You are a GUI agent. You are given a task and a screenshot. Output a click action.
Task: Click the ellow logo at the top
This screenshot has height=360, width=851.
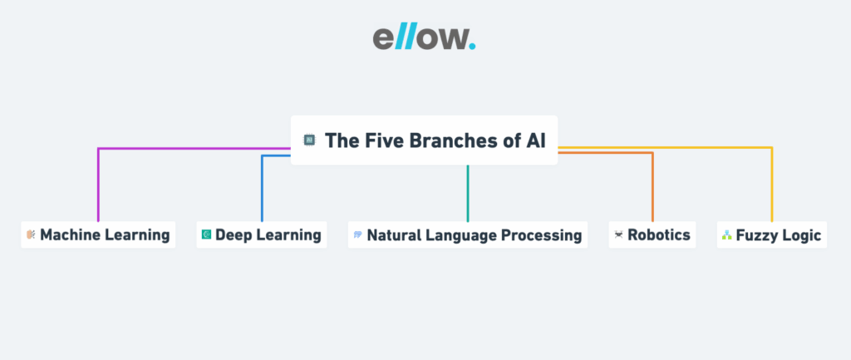tap(424, 38)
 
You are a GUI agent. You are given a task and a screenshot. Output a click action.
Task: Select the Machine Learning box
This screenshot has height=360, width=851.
tap(98, 235)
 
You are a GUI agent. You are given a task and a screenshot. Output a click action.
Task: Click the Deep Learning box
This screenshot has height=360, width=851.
tap(262, 235)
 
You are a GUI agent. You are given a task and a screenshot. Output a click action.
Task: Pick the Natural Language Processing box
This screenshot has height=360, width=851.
tap(467, 235)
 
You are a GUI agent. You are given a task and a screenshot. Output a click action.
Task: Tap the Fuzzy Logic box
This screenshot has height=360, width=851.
tap(771, 235)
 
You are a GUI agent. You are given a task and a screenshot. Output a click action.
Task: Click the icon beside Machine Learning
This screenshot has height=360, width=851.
tap(31, 235)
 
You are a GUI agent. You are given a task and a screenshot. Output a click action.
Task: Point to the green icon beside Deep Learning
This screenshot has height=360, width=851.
tap(206, 235)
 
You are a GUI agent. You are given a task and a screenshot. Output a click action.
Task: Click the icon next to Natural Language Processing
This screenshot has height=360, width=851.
tap(357, 235)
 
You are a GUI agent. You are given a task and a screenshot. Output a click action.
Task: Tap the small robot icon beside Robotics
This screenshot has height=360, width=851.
tap(618, 235)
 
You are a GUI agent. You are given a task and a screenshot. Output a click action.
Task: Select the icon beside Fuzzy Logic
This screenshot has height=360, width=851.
tap(726, 235)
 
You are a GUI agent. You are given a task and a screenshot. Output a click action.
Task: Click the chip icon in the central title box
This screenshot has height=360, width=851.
tap(309, 140)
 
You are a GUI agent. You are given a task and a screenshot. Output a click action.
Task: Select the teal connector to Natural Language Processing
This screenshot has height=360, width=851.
tap(468, 193)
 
